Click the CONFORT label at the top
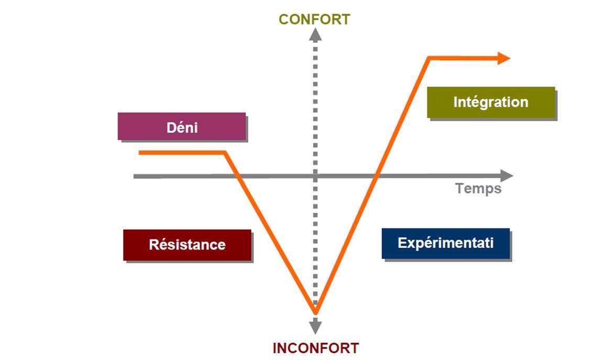pos(314,19)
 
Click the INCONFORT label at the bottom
pos(315,348)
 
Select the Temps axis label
pos(478,188)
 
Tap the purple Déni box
pos(182,126)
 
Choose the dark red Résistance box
pos(187,244)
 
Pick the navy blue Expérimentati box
pos(445,243)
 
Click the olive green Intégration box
pos(491,102)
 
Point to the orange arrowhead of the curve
pos(504,58)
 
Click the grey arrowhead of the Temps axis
pos(507,176)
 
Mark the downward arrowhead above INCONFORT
pos(315,328)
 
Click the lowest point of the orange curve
pos(315,313)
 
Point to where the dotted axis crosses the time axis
pos(315,176)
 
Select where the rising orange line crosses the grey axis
pos(376,176)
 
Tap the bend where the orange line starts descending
pos(225,152)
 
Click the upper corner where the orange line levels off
pos(429,58)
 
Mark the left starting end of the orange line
pos(140,152)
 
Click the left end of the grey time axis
pos(135,176)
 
